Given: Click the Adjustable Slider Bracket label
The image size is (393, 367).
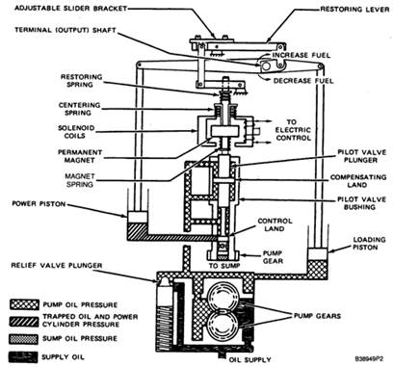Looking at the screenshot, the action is click(x=70, y=8).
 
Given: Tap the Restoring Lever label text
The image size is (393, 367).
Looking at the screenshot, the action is click(x=354, y=10).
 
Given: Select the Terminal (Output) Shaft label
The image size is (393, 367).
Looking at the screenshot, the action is click(x=65, y=30).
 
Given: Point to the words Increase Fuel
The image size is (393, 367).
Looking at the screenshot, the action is click(x=301, y=55).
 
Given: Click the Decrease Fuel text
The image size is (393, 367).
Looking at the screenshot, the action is click(x=303, y=81).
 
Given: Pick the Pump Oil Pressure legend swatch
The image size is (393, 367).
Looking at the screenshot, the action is click(x=24, y=304).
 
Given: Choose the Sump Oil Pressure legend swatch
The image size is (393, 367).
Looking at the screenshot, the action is click(x=24, y=339).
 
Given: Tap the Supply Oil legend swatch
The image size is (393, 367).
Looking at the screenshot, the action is click(x=24, y=356).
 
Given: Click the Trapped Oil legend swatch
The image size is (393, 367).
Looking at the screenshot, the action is click(x=24, y=322).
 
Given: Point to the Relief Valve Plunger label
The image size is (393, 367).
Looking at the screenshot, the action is click(x=57, y=266).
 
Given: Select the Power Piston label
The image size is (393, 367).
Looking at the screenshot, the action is click(x=39, y=204).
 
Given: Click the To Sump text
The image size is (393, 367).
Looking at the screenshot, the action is click(x=224, y=266).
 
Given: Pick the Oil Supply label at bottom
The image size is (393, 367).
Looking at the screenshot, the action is click(x=250, y=359).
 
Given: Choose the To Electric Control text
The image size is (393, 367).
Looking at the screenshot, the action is click(x=293, y=130).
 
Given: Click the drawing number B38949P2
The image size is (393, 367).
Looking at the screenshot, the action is click(x=369, y=358).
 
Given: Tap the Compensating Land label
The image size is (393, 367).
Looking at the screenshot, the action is click(x=358, y=181).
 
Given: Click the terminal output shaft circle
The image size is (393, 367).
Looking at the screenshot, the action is click(x=266, y=66).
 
